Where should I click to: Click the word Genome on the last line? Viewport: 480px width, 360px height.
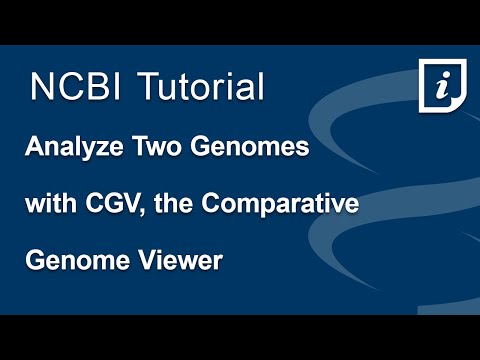[x=70, y=261]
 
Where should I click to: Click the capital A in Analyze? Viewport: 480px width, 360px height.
[x=35, y=151]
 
